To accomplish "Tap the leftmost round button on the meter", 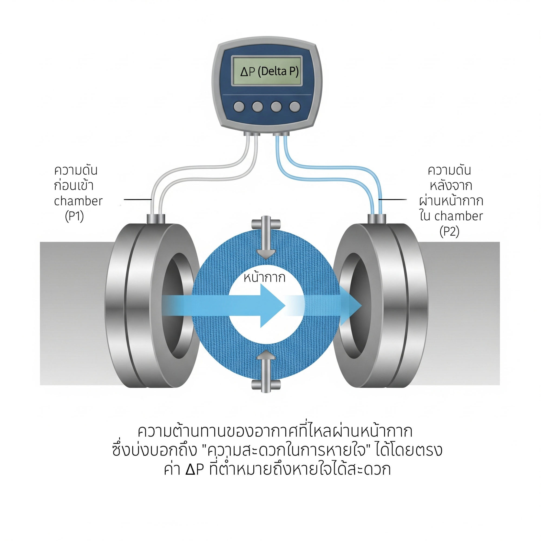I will click(239, 107).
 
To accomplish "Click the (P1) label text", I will click(74, 217).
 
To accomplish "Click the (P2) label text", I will click(449, 232).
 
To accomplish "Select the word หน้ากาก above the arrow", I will click(264, 278).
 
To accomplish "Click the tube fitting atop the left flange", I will click(156, 219).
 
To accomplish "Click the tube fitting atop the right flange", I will click(377, 219).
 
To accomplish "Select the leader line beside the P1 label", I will click(137, 200).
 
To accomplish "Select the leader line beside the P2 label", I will click(392, 200).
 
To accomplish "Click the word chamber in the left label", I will click(78, 201).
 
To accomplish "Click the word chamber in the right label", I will click(458, 216).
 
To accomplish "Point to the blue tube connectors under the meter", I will click(281, 135).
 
